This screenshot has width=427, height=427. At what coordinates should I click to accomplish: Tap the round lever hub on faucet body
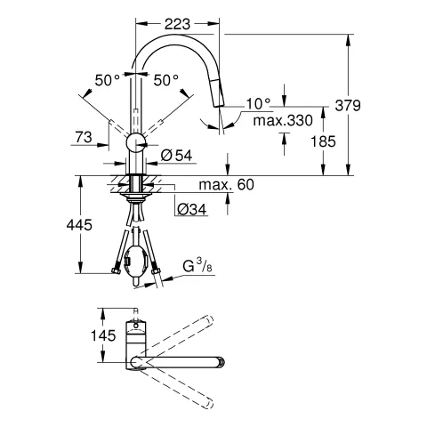135,142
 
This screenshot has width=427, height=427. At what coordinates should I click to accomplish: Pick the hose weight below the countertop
135,262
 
